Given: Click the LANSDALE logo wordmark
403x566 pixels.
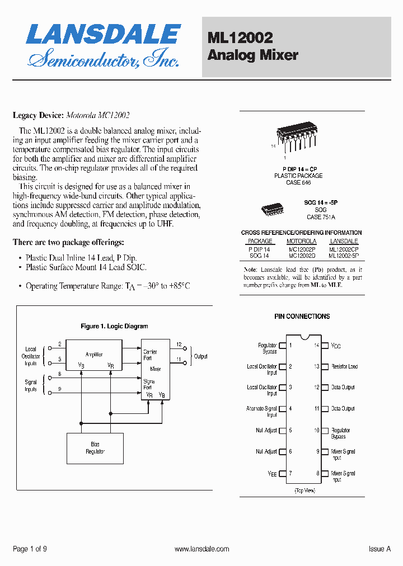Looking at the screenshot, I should pyautogui.click(x=104, y=35).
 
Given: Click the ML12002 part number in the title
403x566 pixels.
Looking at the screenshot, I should pyautogui.click(x=240, y=38).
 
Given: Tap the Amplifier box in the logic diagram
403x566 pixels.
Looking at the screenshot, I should pyautogui.click(x=94, y=355).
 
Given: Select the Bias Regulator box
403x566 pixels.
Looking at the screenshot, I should pyautogui.click(x=95, y=448).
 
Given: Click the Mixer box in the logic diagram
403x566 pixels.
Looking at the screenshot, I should pyautogui.click(x=156, y=369).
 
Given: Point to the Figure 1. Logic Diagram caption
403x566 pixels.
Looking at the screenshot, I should pyautogui.click(x=114, y=326).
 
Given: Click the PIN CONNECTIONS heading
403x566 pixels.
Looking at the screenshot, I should pyautogui.click(x=302, y=317).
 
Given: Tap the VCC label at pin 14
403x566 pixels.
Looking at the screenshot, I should pyautogui.click(x=336, y=346).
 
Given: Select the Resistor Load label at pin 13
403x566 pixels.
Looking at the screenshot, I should pyautogui.click(x=344, y=367).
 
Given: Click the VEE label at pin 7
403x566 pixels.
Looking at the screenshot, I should pyautogui.click(x=272, y=474).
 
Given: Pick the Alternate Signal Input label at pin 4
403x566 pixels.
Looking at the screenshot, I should pyautogui.click(x=261, y=412).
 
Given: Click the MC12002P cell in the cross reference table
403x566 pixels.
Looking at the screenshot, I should pyautogui.click(x=302, y=249).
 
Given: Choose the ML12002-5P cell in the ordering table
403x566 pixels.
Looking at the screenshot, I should pyautogui.click(x=344, y=255).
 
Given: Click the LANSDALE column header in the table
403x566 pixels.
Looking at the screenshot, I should pyautogui.click(x=344, y=242).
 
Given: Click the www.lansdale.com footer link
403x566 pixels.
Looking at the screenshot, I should pyautogui.click(x=201, y=549).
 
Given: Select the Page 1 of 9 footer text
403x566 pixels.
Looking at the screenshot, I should pyautogui.click(x=30, y=549).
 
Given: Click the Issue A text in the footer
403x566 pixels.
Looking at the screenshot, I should pyautogui.click(x=379, y=549).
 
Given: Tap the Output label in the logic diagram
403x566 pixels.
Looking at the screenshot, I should pyautogui.click(x=200, y=356).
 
